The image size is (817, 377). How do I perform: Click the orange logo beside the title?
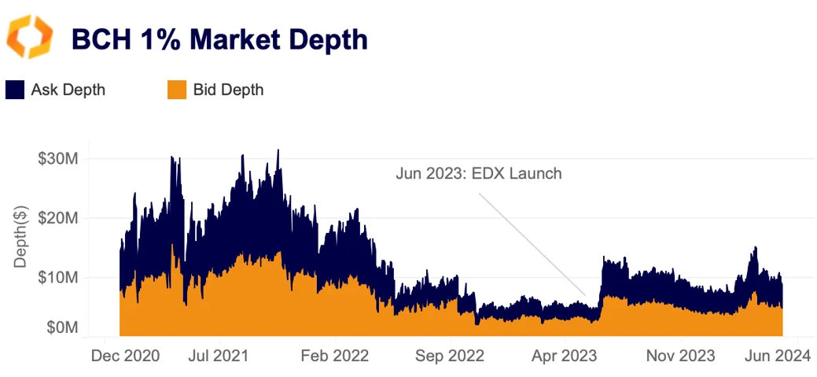click(x=30, y=36)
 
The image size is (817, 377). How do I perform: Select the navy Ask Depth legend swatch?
click(x=15, y=90)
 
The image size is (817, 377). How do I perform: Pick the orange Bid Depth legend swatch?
click(x=177, y=90)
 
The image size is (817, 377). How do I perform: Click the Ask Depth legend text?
click(x=68, y=90)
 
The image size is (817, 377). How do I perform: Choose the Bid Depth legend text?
click(x=228, y=90)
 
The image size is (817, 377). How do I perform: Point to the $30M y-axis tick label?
click(x=57, y=158)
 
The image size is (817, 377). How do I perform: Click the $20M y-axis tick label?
click(x=57, y=218)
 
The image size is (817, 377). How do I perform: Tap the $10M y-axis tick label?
click(x=57, y=277)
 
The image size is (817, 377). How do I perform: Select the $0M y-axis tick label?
click(x=61, y=327)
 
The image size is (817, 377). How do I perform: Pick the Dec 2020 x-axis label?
click(x=126, y=357)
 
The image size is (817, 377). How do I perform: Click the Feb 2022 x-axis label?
click(x=336, y=357)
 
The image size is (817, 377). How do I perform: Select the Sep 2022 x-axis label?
click(x=450, y=357)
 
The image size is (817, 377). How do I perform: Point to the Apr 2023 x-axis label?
click(x=565, y=357)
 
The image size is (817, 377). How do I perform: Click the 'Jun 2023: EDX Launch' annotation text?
click(x=479, y=173)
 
